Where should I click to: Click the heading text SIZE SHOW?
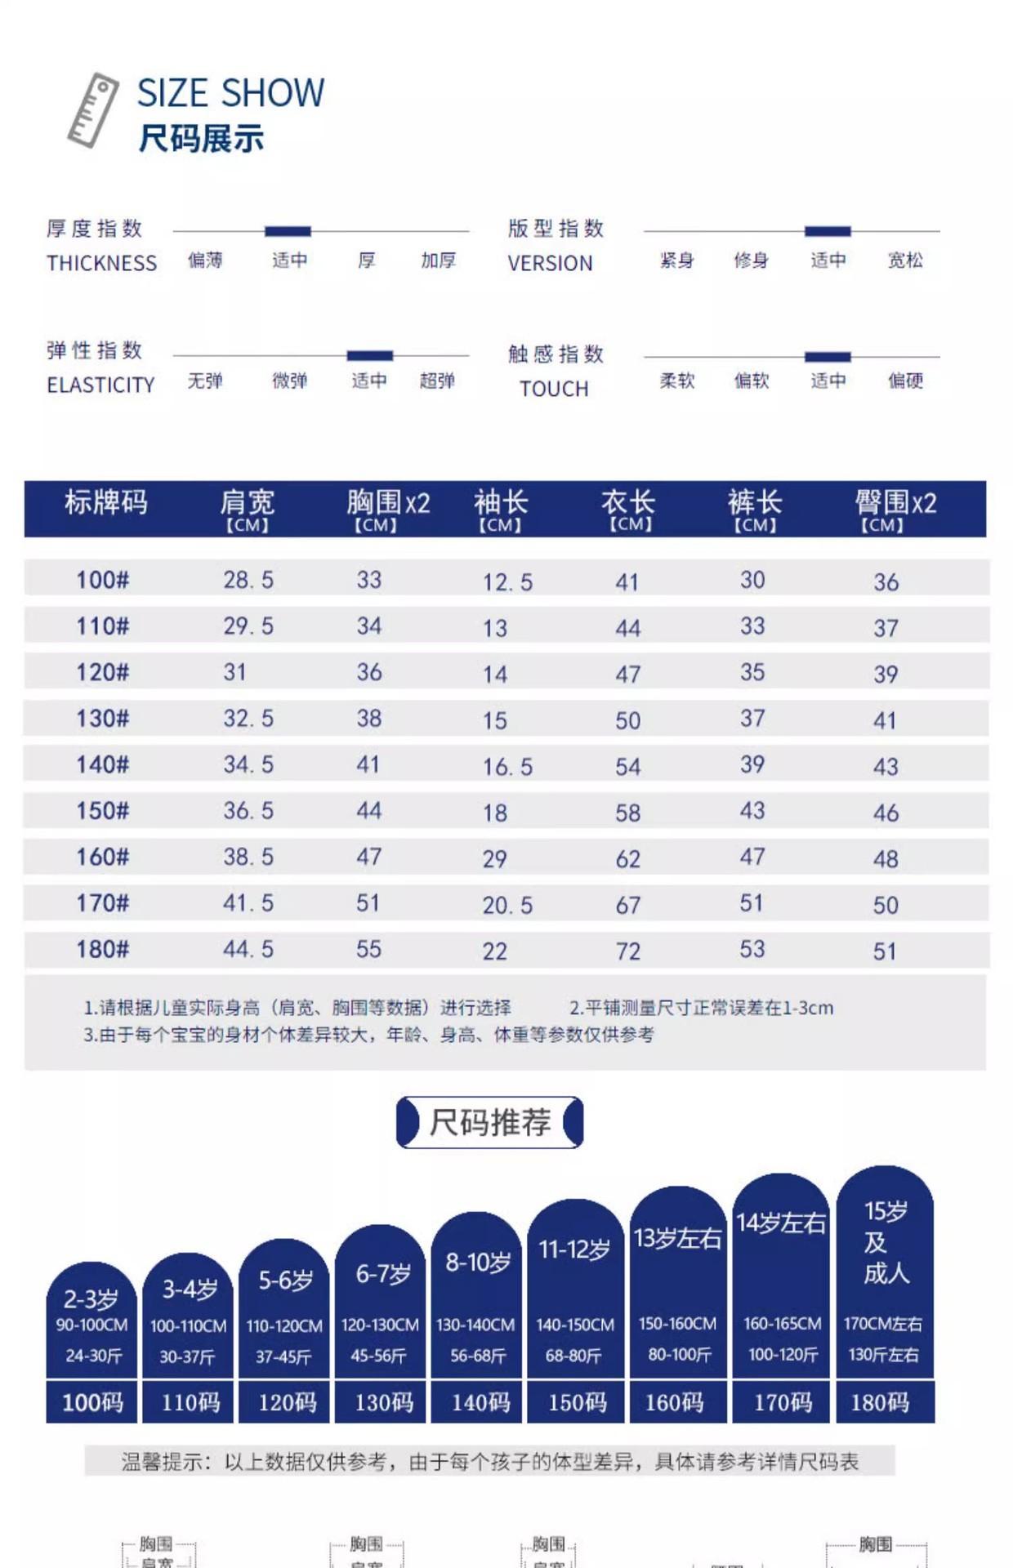230,93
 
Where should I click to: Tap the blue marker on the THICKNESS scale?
288,231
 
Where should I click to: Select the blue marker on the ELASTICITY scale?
370,355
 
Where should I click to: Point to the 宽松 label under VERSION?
905,261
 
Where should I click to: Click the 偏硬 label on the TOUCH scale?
905,381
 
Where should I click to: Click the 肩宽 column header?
247,509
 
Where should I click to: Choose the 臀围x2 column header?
895,509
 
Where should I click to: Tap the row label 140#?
103,764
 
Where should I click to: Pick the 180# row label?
103,949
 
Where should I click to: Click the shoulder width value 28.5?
248,580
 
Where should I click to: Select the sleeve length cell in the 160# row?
494,858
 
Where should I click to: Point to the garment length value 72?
627,951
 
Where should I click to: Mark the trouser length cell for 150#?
752,810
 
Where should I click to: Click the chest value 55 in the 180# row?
368,949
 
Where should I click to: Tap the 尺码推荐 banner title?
490,1123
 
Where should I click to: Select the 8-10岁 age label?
478,1263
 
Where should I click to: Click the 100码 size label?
92,1402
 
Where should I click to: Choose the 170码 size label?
783,1402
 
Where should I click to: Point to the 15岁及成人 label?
886,1241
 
